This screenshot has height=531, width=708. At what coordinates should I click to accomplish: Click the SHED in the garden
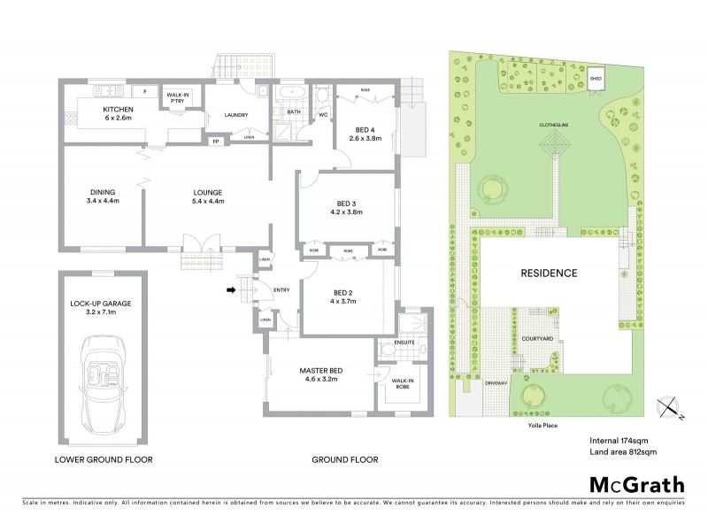(x=596, y=79)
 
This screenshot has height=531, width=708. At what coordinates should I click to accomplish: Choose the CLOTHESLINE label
(x=557, y=125)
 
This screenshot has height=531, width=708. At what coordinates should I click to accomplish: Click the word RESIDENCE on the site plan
(x=548, y=273)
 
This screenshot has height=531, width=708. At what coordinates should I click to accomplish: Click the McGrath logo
(x=636, y=484)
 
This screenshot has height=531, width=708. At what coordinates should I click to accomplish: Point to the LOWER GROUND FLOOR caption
(x=104, y=459)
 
